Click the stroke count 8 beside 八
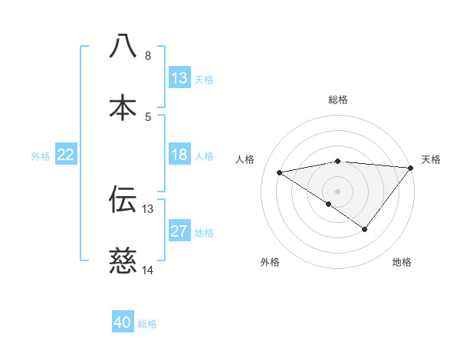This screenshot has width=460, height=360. coord(147,56)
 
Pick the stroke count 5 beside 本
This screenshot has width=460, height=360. coord(147,117)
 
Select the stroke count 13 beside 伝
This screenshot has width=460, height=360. coord(147,209)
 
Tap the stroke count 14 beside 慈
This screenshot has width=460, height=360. coord(147,270)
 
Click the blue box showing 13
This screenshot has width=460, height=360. coord(179,78)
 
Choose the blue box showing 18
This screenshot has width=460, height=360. coord(179,155)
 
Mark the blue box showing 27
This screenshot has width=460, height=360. coord(179,231)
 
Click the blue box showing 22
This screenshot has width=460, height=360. coord(66,155)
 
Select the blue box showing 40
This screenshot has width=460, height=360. coord(123,322)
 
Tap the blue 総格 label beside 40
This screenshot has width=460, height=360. coord(147,324)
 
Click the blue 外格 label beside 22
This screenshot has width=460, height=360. coord(41,156)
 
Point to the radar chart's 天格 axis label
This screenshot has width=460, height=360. coord(432,159)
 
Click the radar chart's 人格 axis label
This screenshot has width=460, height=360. coord(245,159)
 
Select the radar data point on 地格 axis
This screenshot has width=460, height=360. coord(365,229)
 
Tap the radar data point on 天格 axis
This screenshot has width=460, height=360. coord(411,168)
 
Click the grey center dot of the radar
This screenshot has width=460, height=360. coord(337,191)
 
